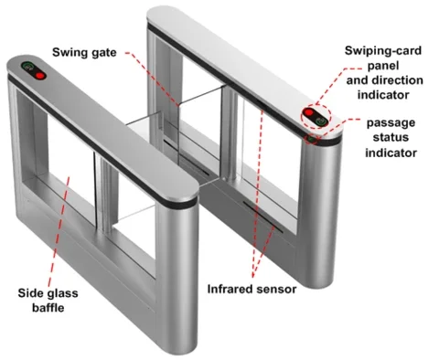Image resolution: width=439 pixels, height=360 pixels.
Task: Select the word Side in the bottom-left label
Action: [x=31, y=293]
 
